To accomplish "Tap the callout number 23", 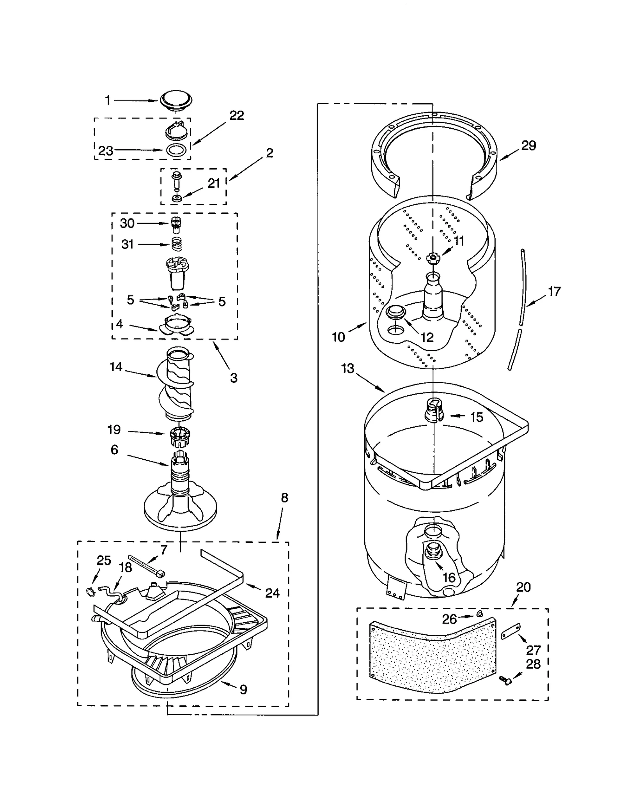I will [x=105, y=150].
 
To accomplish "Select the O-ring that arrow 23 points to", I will [x=175, y=150].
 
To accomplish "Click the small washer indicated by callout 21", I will [x=177, y=198].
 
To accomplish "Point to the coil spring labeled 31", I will [x=177, y=244].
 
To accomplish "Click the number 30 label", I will [x=127, y=223].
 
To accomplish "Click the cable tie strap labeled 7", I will [x=147, y=565].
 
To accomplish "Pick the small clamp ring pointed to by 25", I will [x=90, y=592].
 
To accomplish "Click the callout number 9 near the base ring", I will [x=243, y=690].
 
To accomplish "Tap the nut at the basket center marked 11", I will [x=433, y=257].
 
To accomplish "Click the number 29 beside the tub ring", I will [x=528, y=145].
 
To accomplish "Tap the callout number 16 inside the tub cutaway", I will [x=449, y=577].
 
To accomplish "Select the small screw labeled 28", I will [x=506, y=680].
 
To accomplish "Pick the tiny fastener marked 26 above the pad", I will [x=479, y=615].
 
